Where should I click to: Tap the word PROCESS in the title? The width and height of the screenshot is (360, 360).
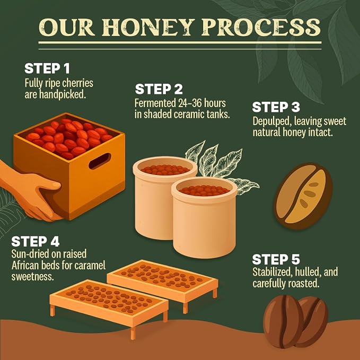[x=261, y=28]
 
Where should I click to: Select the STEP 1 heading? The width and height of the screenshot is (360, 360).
[x=47, y=68]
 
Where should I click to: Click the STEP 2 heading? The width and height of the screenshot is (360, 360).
[x=159, y=89]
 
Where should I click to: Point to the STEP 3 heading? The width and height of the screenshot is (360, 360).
[x=276, y=107]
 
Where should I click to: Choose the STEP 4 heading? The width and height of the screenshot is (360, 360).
[x=36, y=242]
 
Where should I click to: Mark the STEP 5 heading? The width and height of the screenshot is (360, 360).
[x=276, y=259]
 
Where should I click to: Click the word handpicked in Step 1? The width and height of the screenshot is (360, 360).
[x=63, y=94]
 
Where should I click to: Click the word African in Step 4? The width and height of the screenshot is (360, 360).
[x=25, y=266]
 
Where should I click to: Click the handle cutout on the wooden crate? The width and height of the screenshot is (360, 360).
[x=100, y=161]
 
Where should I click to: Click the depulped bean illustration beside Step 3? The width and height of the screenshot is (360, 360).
[x=303, y=196]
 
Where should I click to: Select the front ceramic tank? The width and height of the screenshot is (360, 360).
[x=204, y=217]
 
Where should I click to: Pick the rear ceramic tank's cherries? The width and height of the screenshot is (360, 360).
[x=165, y=170]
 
